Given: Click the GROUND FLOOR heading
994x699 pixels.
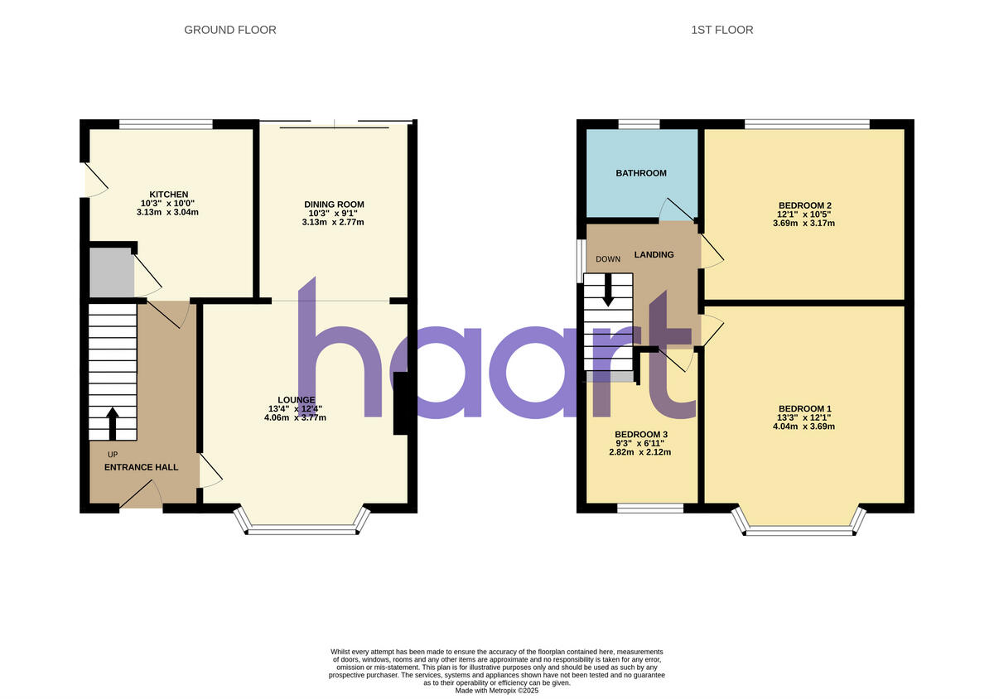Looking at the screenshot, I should tap(229, 30).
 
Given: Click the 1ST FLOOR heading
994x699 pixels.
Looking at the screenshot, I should tap(721, 30).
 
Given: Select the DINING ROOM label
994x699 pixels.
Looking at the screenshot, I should tap(334, 205).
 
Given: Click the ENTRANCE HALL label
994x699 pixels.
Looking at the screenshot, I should tap(141, 467).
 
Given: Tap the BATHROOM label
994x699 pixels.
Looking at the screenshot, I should tap(640, 173).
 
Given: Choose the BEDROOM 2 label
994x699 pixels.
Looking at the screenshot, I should tap(804, 205).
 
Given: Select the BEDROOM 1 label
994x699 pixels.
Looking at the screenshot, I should tap(804, 408).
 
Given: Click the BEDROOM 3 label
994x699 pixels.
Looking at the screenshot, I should tap(640, 435).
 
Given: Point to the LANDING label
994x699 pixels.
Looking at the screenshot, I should tap(654, 254).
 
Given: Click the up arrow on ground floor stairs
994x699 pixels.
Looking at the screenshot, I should tap(113, 422).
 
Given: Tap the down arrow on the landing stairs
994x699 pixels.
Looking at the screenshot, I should tap(609, 290).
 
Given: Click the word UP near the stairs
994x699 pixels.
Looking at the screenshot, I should tap(113, 454).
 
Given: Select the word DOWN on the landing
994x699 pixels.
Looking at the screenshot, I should tap(607, 259).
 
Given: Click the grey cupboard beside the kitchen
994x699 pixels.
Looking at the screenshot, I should tap(111, 272).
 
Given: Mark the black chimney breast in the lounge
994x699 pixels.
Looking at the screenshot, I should tap(401, 403).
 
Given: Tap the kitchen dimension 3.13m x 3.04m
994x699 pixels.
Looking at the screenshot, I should tap(168, 212).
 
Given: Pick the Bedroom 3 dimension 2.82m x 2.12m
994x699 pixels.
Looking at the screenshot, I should tap(640, 452).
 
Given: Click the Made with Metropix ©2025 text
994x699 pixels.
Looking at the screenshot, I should tap(496, 690).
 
